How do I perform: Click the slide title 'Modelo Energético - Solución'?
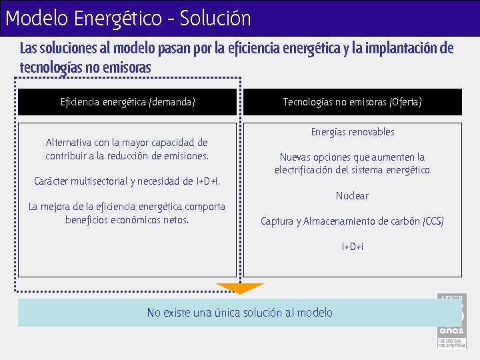click(128, 18)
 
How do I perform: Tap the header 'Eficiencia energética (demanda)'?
click(127, 102)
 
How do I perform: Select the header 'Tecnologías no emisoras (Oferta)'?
click(352, 102)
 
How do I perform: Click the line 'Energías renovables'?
click(352, 132)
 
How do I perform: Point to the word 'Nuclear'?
click(352, 196)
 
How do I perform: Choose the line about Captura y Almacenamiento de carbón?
click(352, 221)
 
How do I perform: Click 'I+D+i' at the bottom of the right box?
click(352, 247)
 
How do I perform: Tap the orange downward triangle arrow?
click(239, 288)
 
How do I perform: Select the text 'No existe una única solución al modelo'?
click(239, 313)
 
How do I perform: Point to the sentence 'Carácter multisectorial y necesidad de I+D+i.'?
click(127, 181)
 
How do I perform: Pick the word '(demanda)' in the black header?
click(173, 102)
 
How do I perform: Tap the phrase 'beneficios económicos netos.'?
click(127, 220)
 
